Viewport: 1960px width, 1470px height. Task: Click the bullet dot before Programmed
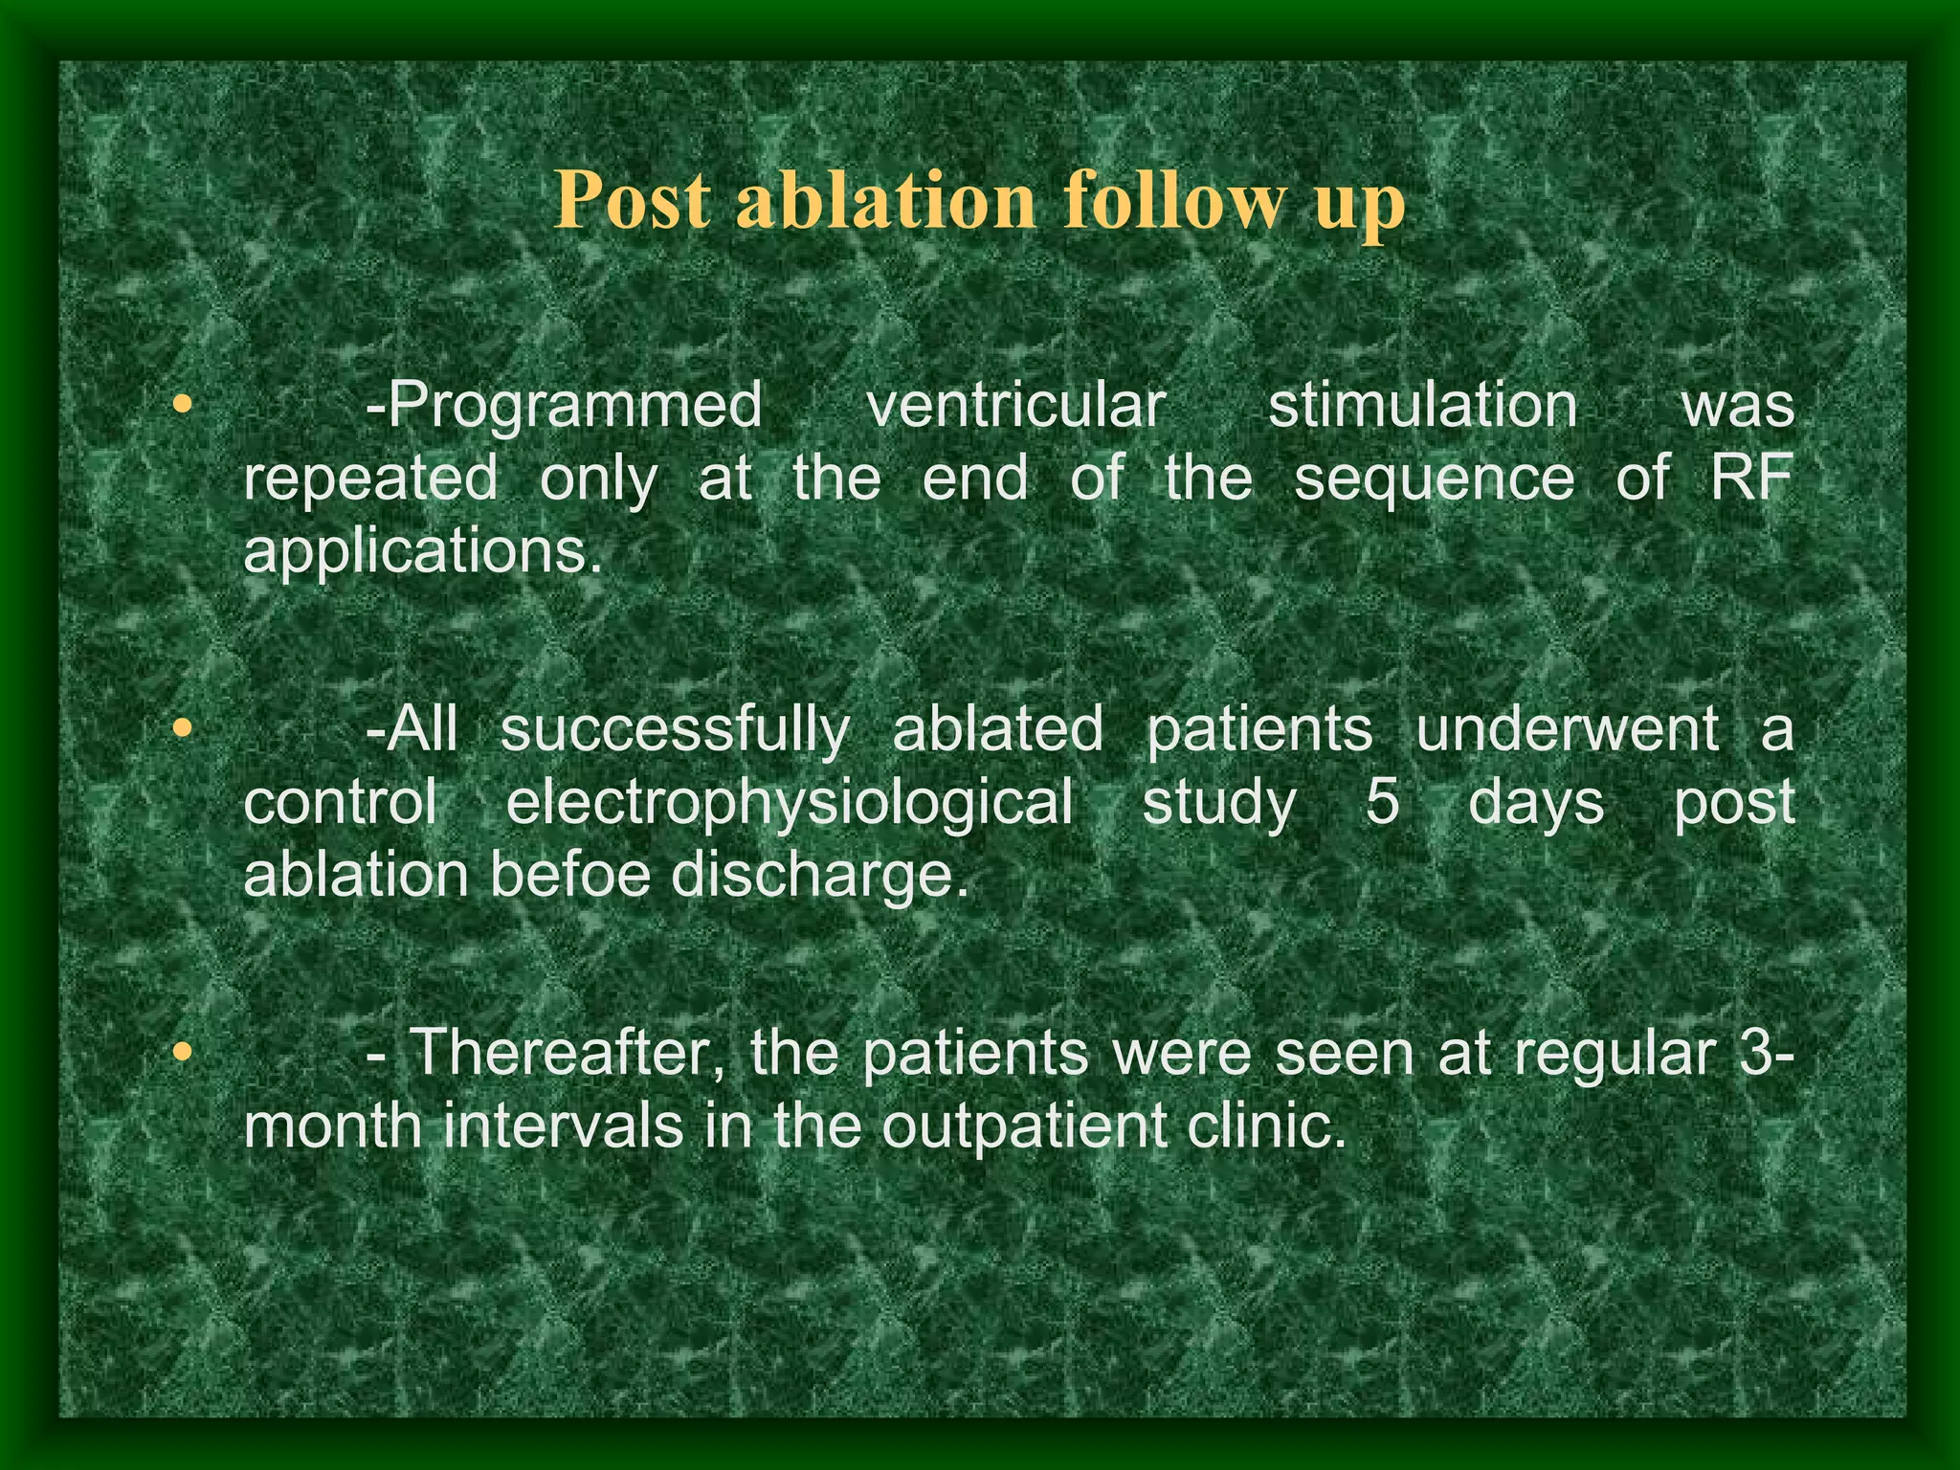pyautogui.click(x=183, y=405)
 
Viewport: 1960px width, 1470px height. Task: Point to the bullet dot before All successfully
pyautogui.click(x=183, y=729)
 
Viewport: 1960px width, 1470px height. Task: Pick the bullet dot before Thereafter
pyautogui.click(x=183, y=1053)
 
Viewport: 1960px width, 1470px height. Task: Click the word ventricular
pyautogui.click(x=1015, y=405)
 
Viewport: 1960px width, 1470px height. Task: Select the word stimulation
pyautogui.click(x=1423, y=405)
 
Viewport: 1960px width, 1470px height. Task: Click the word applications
pyautogui.click(x=423, y=552)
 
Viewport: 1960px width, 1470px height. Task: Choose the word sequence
pyautogui.click(x=1434, y=478)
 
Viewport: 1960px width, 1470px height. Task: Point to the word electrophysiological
pyautogui.click(x=790, y=802)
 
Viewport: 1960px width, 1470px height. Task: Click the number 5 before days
pyautogui.click(x=1381, y=802)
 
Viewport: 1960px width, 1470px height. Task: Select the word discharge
pyautogui.click(x=819, y=877)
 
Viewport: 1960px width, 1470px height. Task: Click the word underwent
pyautogui.click(x=1567, y=729)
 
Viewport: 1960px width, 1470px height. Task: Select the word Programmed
pyautogui.click(x=564, y=407)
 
